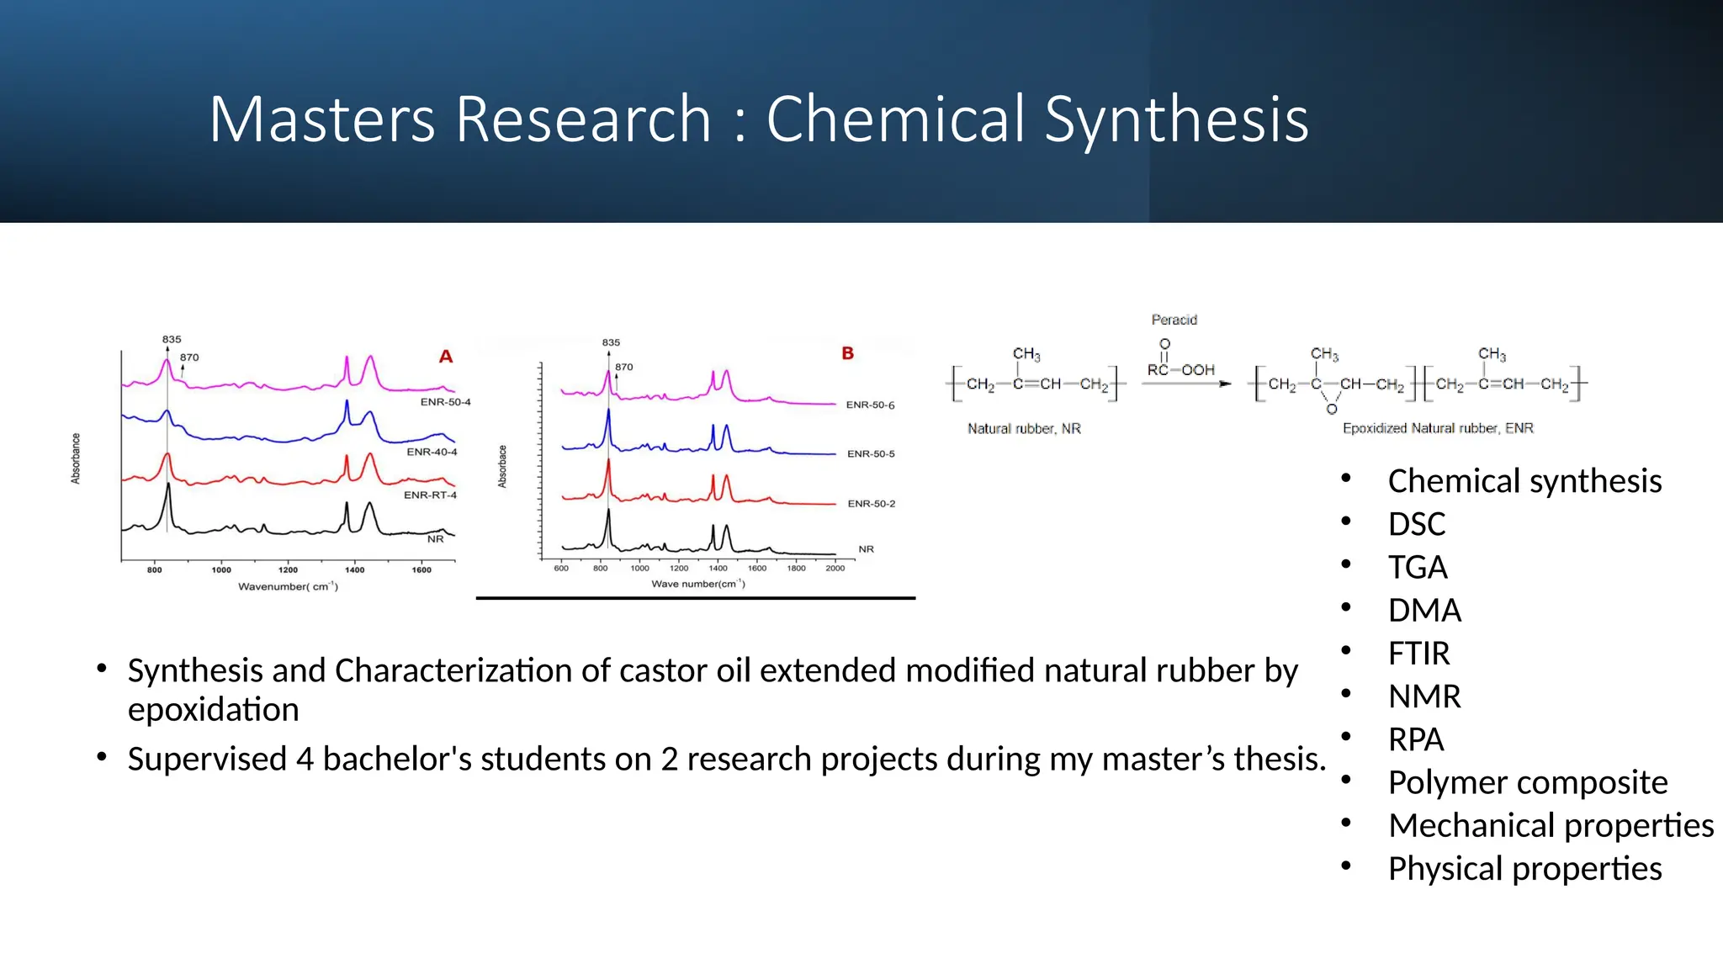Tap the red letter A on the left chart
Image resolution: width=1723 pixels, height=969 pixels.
[x=446, y=357]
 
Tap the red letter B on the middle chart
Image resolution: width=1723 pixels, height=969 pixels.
[x=847, y=353]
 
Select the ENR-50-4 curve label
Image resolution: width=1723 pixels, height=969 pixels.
[x=445, y=402]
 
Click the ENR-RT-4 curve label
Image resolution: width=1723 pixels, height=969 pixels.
[x=430, y=495]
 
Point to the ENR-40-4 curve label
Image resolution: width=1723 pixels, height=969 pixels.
[x=432, y=452]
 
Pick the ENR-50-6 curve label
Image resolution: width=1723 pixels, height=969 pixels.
[x=870, y=405]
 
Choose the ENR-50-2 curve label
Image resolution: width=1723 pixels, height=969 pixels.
[x=871, y=504]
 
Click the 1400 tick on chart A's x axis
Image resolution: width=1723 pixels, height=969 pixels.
[x=354, y=569]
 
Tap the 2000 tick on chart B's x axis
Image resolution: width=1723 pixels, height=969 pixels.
[x=835, y=568]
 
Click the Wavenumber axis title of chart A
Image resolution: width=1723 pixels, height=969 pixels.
[x=288, y=586]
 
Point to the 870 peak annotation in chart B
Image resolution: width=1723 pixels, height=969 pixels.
[x=623, y=367]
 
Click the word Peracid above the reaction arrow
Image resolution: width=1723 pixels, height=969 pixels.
[x=1174, y=320]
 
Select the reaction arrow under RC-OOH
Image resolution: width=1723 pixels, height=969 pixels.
[x=1185, y=384]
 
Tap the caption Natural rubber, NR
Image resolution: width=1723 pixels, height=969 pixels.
[x=1024, y=428]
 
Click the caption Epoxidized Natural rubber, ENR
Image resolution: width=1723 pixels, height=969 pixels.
[x=1437, y=428]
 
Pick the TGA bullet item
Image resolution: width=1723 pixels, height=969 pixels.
[x=1418, y=567]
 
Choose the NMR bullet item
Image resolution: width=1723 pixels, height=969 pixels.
[x=1423, y=696]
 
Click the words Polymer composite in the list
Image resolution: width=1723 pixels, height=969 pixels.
[x=1527, y=782]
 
